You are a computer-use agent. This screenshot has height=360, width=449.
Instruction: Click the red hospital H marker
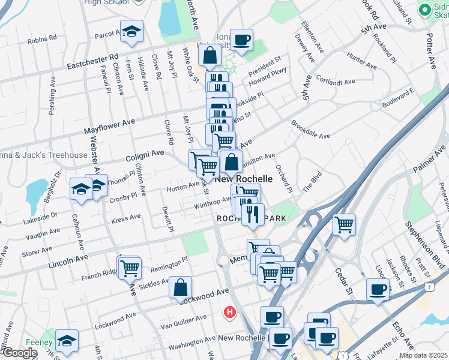[229, 312]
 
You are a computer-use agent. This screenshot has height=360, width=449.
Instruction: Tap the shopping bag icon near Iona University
[211, 55]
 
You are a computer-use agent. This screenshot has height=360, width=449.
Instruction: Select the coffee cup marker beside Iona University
[241, 40]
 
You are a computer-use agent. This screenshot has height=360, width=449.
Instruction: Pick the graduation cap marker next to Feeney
[66, 340]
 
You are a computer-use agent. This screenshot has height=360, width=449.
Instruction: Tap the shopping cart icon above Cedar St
[344, 224]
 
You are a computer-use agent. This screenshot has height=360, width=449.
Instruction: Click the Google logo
[19, 353]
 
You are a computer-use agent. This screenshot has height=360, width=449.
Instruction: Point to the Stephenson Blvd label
[420, 245]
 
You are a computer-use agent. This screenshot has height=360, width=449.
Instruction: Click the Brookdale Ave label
[311, 131]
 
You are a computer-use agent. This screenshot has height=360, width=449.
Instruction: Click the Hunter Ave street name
[362, 60]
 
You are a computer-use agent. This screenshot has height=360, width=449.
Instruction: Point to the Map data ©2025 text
[423, 355]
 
